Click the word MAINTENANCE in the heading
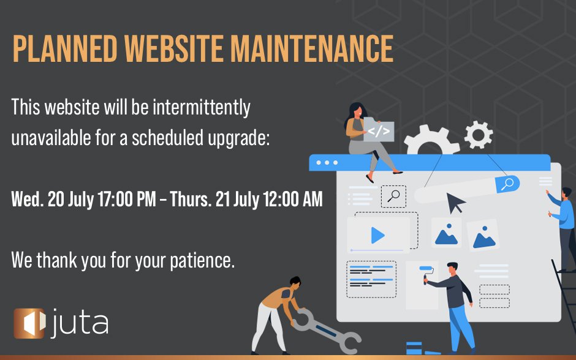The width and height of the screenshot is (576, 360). point(312,49)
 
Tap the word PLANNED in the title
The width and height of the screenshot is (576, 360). point(65,49)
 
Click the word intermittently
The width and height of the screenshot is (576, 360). point(202,108)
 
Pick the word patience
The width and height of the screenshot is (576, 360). point(202,261)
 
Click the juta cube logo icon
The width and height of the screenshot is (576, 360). point(29,323)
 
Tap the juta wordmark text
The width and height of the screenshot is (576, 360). point(79,323)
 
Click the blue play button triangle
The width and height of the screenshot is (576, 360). point(377,236)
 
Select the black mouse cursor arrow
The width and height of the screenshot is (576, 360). point(455,203)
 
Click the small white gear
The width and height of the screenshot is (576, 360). point(479,135)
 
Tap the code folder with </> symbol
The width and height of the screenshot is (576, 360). point(379,130)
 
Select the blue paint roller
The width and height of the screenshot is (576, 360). point(426,274)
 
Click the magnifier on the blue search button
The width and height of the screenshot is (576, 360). point(507,184)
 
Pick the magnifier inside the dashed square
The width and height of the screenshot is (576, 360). point(393,197)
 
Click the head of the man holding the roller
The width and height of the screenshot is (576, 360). point(452,268)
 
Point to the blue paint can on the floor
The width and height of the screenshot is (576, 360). point(414,348)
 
